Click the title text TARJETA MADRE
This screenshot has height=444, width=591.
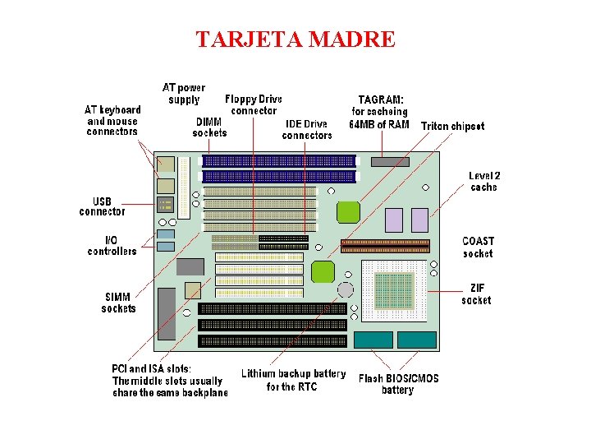(x=295, y=39)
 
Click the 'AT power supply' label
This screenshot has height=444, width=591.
(x=184, y=93)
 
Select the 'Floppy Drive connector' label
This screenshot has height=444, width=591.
(x=253, y=104)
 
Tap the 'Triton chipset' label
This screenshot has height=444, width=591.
(x=452, y=127)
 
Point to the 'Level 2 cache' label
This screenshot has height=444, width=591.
(x=484, y=181)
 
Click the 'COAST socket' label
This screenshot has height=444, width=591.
(x=478, y=247)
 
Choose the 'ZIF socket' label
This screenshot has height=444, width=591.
(x=476, y=294)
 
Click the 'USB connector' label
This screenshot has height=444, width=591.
(x=103, y=206)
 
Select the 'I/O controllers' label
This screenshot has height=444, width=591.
(x=112, y=245)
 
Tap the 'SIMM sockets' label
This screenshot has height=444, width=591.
(x=118, y=303)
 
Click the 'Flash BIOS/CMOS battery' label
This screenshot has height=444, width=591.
(x=398, y=384)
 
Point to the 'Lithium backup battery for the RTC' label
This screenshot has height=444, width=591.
(x=293, y=380)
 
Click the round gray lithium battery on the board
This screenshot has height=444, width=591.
(x=346, y=289)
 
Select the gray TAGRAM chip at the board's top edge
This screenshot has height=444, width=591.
(x=389, y=162)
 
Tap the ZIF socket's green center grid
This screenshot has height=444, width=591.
(x=393, y=288)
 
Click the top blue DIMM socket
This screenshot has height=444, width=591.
(x=280, y=161)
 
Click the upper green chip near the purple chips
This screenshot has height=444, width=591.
(x=348, y=211)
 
